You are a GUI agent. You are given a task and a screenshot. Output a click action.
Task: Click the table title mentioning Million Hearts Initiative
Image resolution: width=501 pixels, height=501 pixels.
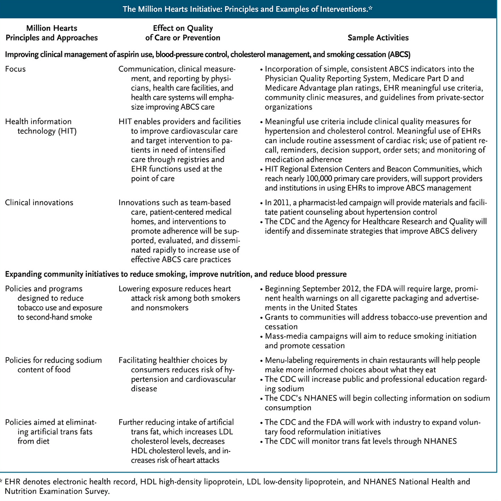pyautogui.click(x=250, y=8)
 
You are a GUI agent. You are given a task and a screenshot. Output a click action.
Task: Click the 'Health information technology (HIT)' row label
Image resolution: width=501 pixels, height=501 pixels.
pyautogui.click(x=38, y=126)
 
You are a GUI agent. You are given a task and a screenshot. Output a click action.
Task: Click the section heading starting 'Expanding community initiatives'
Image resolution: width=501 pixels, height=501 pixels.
pyautogui.click(x=176, y=273)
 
